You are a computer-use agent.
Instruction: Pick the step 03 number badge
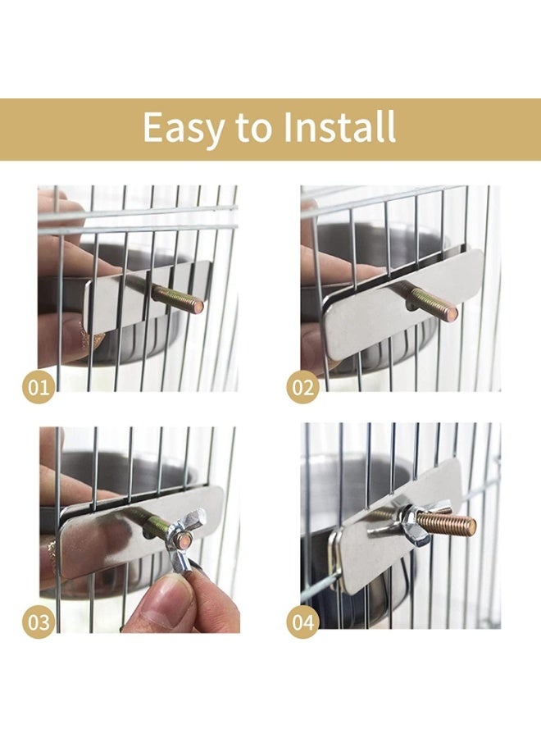(x=39, y=622)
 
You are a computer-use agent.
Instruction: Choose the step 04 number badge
(x=303, y=622)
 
